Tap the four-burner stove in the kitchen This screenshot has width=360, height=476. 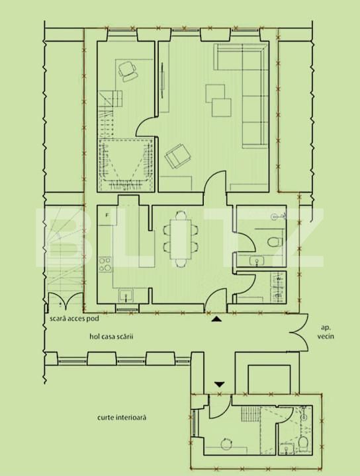point(105,266)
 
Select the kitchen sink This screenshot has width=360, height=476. point(125,295)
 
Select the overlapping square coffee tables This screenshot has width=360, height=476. point(218,98)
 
